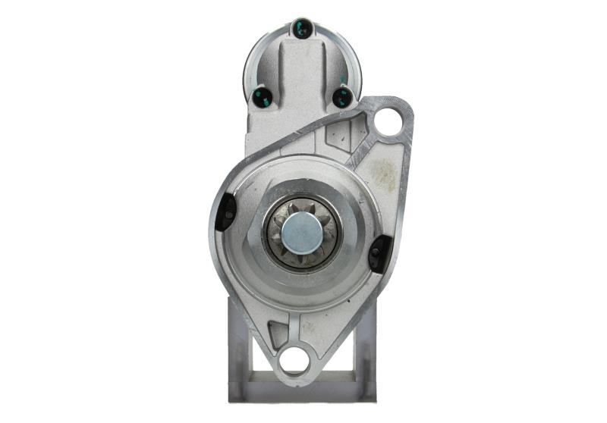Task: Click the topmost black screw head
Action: pos(303,29)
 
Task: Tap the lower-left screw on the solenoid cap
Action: pos(262,96)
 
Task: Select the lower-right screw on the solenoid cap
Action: pos(343,96)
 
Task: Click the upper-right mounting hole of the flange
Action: pos(388,121)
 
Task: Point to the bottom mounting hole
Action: pos(294,359)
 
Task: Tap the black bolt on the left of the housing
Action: pos(225,213)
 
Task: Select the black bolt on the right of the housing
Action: pos(379,253)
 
